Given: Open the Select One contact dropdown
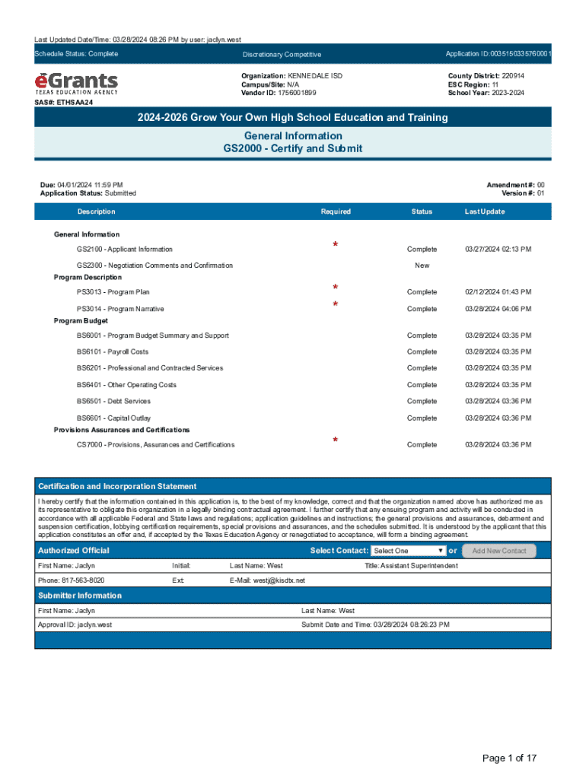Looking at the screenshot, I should tap(409, 551).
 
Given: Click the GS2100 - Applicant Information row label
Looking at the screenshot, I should tap(124, 250).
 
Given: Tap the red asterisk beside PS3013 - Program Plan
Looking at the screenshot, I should tap(335, 288).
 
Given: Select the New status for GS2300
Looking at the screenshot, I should tap(422, 265).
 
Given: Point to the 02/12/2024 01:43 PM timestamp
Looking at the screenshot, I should tap(498, 292).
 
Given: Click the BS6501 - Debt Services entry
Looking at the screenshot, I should tap(113, 402).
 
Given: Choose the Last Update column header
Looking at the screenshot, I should tap(484, 211).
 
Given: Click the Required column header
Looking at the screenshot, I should tap(336, 211).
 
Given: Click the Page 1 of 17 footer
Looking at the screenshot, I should tap(510, 758).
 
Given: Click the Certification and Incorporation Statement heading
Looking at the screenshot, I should tap(117, 486).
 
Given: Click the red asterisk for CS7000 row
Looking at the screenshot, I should tap(335, 440).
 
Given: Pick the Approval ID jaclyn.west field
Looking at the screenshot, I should tap(75, 625).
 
